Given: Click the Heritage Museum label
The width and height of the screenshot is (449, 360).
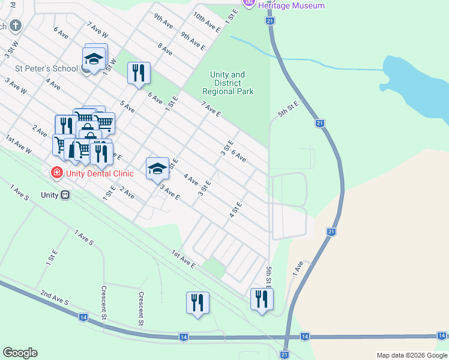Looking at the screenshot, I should tap(291, 5).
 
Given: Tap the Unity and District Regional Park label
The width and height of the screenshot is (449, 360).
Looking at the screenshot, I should tap(228, 83).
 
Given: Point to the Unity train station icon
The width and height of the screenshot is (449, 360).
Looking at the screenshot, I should tap(65, 195).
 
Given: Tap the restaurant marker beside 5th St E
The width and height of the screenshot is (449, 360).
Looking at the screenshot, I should tap(261, 299).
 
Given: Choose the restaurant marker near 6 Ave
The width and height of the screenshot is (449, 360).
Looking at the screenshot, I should tap(138, 73).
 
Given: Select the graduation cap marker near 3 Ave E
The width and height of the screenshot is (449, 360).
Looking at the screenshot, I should tap(157, 169).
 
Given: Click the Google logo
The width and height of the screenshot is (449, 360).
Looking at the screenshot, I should tap(20, 353).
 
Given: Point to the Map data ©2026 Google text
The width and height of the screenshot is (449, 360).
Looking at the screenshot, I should tap(411, 355).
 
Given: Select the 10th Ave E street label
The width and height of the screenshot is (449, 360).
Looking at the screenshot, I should tap(206, 20).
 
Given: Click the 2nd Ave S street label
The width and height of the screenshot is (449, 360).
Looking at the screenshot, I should tap(55, 299).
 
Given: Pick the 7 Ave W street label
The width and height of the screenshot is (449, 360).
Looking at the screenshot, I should tap(97, 30).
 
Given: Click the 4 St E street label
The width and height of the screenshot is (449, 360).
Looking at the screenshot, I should tap(235, 209).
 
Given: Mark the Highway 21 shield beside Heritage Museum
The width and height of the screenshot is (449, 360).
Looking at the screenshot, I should tap(271, 21).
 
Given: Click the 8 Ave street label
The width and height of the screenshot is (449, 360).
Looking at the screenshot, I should tap(165, 50).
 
